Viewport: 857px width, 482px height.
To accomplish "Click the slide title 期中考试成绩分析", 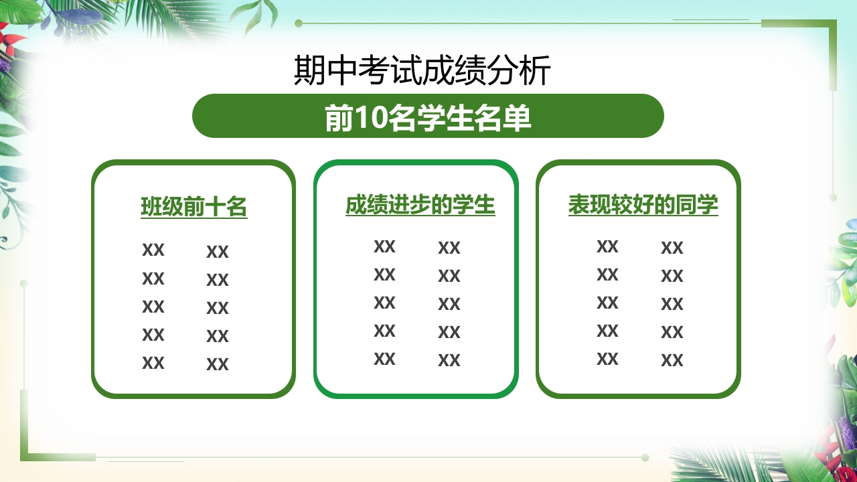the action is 422,70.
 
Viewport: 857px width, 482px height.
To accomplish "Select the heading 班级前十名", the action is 194,207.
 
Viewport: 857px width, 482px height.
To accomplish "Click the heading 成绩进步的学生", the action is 420,205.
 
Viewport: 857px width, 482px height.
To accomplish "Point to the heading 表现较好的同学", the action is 643,205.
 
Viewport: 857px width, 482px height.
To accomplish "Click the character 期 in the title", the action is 309,70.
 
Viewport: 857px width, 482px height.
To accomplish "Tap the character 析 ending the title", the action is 535,70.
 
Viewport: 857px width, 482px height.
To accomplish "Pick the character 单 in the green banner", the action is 517,117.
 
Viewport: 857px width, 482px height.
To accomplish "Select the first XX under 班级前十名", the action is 153,250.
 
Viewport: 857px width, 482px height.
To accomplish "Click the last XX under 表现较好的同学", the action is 672,360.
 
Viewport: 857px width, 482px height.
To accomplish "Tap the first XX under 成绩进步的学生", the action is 384,246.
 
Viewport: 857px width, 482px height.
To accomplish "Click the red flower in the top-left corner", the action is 11,36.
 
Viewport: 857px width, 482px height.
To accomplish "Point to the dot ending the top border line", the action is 299,23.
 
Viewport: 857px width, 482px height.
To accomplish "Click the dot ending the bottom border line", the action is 645,457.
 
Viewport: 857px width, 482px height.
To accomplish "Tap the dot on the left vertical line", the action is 23,283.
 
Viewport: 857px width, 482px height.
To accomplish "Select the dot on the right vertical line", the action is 833,197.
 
